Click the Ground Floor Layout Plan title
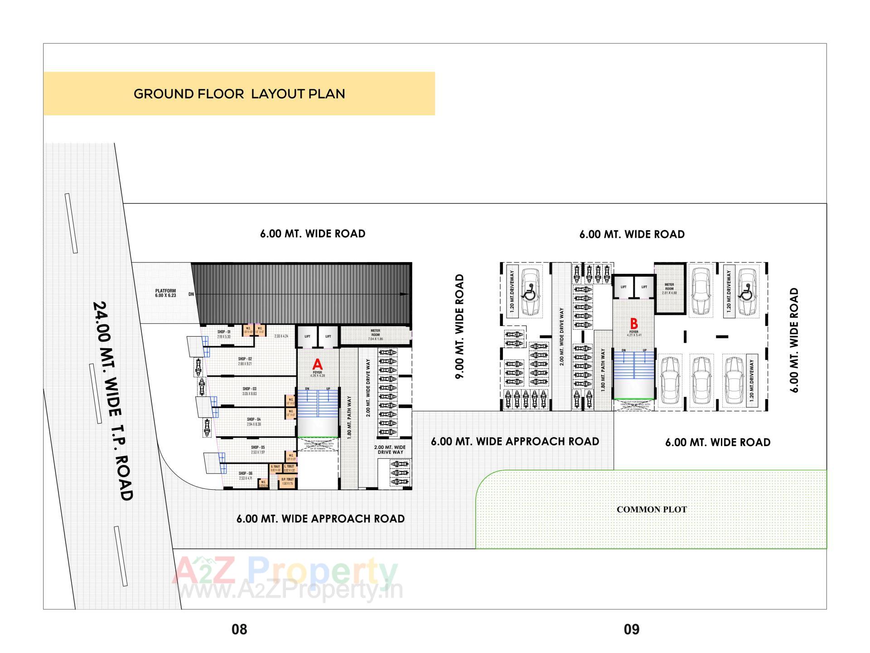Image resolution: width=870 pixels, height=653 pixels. pos(239,94)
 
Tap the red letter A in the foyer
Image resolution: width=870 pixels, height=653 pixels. pos(317,364)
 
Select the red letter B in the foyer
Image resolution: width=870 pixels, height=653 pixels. pos(634,324)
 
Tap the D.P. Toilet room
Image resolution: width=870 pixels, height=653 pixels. pos(288,481)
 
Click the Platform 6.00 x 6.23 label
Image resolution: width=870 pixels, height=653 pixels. pos(165,293)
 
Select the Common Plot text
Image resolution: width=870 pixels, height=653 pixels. pos(651,510)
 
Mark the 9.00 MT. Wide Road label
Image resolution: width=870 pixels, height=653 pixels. pos(459,326)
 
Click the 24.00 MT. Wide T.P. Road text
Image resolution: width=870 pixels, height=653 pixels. pos(112,401)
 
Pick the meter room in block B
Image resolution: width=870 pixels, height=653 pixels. pos(669,289)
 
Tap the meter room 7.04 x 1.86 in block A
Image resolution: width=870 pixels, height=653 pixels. pos(376,335)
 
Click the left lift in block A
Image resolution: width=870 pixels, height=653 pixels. pos(307,336)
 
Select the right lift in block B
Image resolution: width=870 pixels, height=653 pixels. pos(644,287)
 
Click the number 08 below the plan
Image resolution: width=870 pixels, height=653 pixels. pos(239,629)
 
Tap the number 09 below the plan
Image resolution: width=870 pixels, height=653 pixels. pos(632,629)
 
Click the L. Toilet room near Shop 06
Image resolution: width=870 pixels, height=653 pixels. pos(290,468)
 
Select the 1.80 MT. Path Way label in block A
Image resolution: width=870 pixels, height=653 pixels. pos(349,418)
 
